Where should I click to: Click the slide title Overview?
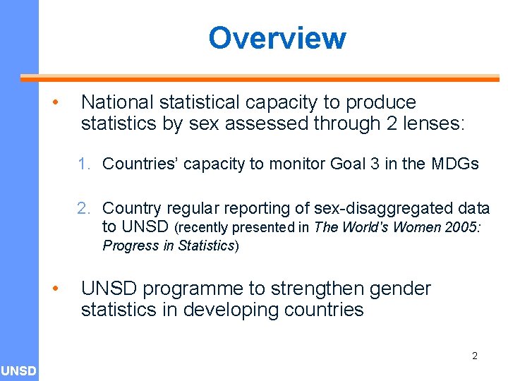277,38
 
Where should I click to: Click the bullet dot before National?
54,103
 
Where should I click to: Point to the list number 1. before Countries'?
85,164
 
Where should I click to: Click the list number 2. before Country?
85,208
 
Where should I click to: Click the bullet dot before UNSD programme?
54,289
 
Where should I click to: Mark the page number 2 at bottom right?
474,356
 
